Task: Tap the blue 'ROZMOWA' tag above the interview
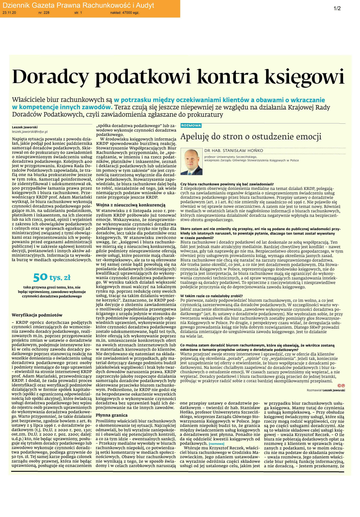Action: point(191,125)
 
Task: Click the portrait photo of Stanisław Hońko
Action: point(191,162)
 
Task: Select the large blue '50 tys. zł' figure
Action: point(52,277)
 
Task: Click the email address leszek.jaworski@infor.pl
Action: point(30,132)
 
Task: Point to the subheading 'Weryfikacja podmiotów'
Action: point(37,315)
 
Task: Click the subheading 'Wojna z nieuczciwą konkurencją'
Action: point(131,205)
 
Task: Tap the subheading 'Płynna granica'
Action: point(112,415)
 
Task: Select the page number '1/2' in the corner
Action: point(337,8)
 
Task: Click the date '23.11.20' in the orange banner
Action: point(9,13)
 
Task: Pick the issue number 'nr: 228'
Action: point(44,13)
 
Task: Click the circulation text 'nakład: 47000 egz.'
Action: point(124,13)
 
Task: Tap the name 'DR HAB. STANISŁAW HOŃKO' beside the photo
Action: point(234,151)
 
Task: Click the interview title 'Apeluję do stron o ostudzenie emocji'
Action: point(251,137)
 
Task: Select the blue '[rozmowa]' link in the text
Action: point(216,443)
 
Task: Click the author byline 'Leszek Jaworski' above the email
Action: point(25,127)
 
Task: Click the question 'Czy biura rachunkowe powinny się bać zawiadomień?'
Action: point(227,184)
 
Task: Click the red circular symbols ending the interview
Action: point(341,385)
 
